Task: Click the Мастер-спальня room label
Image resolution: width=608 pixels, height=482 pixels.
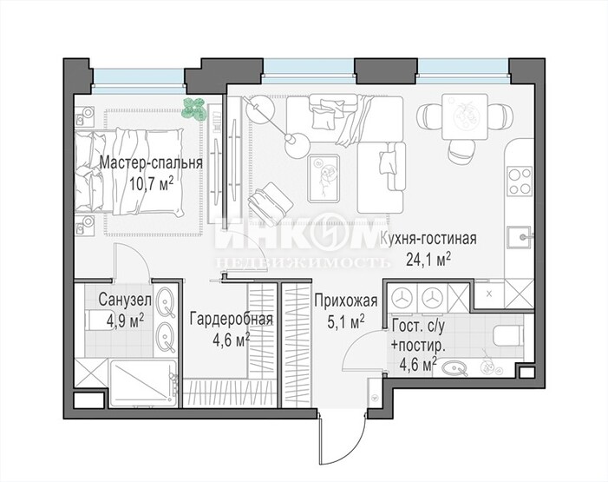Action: pos(151,162)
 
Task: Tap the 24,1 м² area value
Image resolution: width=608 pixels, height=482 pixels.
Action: pos(428,259)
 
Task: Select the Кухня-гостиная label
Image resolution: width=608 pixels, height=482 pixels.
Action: pos(428,239)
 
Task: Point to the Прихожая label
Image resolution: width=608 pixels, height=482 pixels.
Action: pos(346,300)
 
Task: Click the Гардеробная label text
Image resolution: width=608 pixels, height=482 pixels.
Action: pos(232,320)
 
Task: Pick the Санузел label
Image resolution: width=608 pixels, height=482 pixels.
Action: pos(125,300)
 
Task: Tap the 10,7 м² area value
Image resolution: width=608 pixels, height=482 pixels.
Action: pos(151,184)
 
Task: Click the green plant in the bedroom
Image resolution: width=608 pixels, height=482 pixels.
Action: pos(193,109)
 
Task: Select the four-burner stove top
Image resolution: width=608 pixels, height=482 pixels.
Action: pos(520,181)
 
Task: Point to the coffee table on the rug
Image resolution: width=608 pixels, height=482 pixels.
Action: pos(324,178)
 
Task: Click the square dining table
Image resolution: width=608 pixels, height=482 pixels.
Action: pos(465,117)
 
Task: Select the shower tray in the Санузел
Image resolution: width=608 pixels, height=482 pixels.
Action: pos(143,383)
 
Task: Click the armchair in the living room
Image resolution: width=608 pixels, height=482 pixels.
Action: pos(270,202)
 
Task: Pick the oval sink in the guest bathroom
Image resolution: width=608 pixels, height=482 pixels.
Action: pos(455,368)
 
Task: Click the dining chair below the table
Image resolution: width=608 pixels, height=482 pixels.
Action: pos(461,151)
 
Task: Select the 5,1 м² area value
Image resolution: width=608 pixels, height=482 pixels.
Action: pos(346,321)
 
